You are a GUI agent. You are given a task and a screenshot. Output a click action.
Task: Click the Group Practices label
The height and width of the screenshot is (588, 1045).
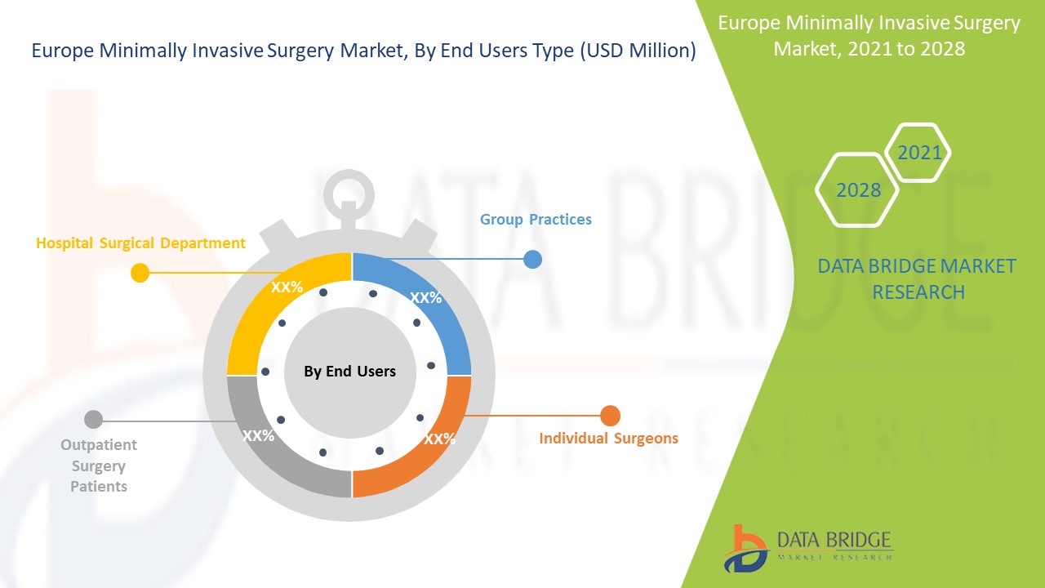(x=536, y=220)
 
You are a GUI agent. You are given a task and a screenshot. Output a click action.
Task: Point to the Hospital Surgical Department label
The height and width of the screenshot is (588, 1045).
(x=140, y=243)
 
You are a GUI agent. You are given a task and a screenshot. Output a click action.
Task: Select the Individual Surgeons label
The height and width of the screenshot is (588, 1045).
(x=608, y=439)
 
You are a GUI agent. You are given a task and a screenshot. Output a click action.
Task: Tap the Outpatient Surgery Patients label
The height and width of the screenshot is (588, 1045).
(x=99, y=465)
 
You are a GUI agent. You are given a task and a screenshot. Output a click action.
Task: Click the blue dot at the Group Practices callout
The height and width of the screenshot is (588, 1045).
(x=532, y=259)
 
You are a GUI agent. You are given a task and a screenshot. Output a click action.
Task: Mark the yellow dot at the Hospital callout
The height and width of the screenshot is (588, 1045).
(x=140, y=273)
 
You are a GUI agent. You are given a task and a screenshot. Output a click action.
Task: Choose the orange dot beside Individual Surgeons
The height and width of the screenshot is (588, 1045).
(x=610, y=416)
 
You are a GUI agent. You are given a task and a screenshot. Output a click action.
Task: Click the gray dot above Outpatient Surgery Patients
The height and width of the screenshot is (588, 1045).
(x=94, y=420)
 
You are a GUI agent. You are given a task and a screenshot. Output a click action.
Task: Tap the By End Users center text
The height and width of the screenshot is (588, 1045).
(x=349, y=372)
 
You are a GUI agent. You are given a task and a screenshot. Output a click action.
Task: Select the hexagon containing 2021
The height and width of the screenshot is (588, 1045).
(x=919, y=153)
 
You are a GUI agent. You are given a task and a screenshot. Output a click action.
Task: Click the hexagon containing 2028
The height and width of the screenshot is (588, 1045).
(x=858, y=190)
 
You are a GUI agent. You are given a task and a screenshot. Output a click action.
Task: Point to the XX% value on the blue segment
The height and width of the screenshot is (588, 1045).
(x=425, y=298)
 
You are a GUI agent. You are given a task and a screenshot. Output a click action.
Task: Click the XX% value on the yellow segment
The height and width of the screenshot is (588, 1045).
(x=287, y=287)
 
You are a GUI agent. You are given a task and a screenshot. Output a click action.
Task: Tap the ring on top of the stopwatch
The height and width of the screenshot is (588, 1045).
(x=349, y=194)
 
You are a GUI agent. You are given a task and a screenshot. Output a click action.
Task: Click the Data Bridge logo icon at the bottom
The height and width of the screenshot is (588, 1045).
(x=745, y=548)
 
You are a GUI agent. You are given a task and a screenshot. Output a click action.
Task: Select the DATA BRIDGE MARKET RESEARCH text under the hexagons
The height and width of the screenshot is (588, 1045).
(x=917, y=278)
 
